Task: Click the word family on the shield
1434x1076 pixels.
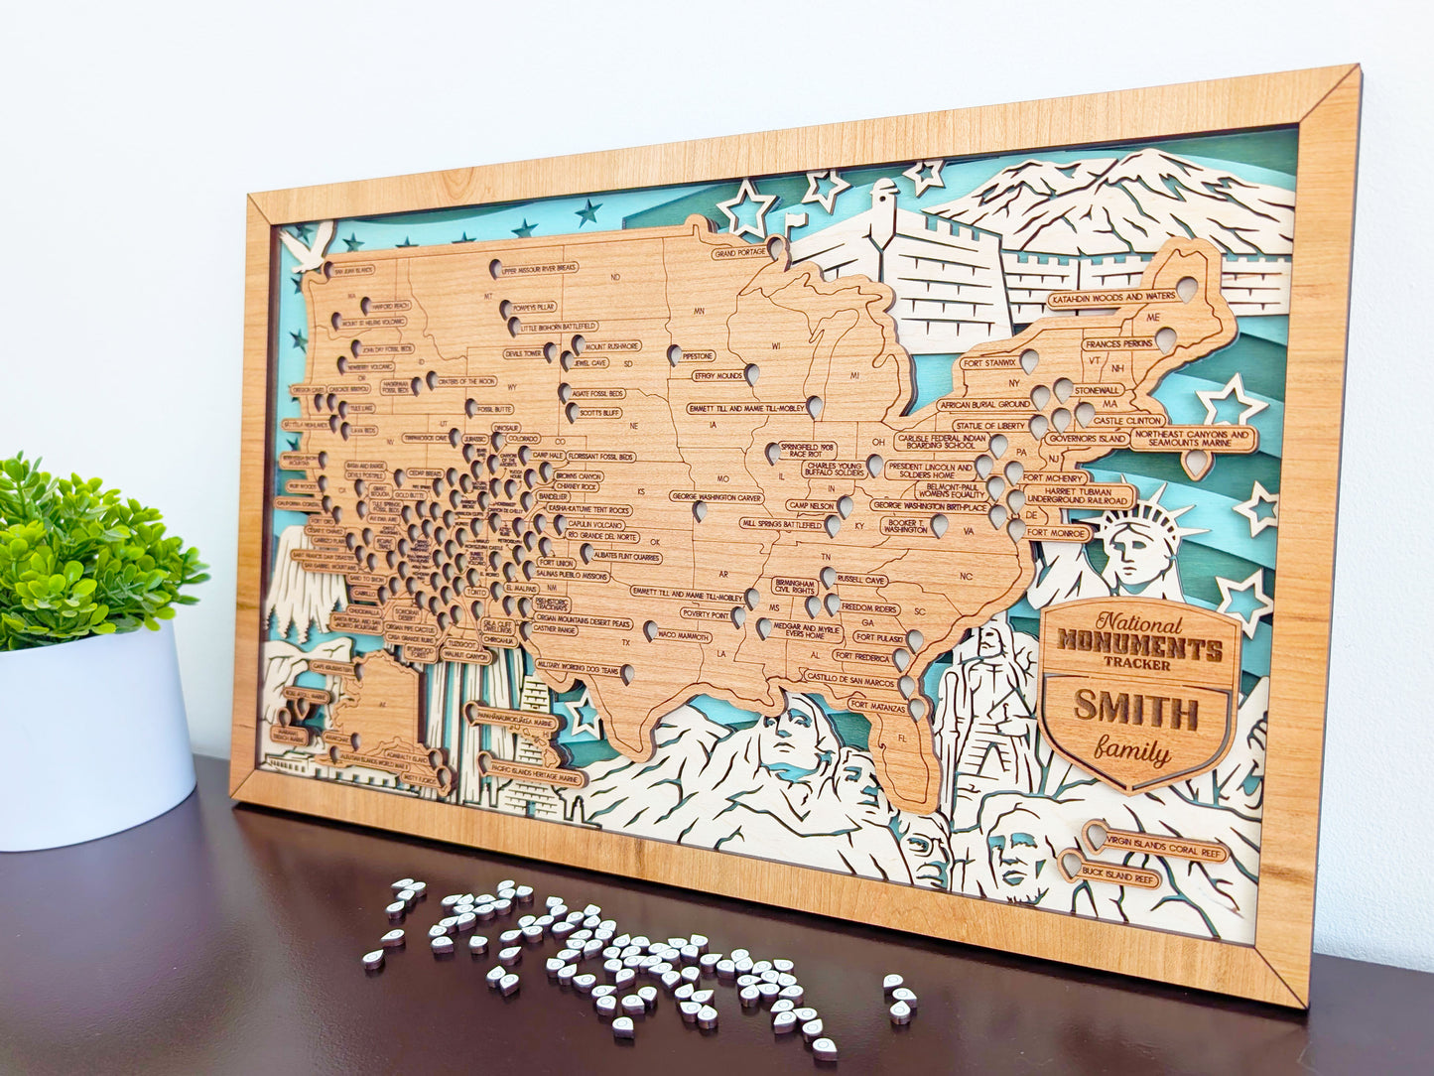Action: point(1133,751)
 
